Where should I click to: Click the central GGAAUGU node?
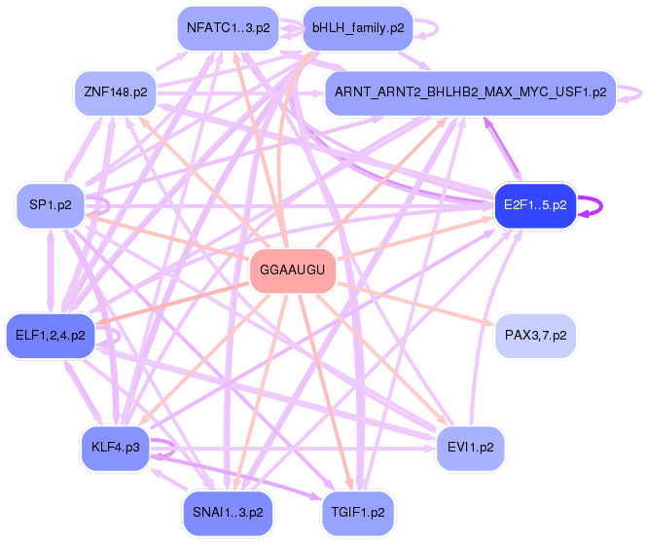pyautogui.click(x=293, y=270)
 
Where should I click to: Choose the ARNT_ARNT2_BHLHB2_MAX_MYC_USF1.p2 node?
pyautogui.click(x=470, y=92)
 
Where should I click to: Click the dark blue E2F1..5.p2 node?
pyautogui.click(x=535, y=204)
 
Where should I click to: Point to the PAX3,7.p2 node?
pyautogui.click(x=535, y=336)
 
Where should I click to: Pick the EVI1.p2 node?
pyautogui.click(x=470, y=447)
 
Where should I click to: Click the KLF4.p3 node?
pyautogui.click(x=116, y=447)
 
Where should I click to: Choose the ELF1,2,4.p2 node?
pyautogui.click(x=50, y=336)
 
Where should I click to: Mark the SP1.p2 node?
pyautogui.click(x=50, y=205)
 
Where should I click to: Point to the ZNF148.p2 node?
pyautogui.click(x=116, y=93)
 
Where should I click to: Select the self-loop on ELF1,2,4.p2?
pyautogui.click(x=115, y=336)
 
